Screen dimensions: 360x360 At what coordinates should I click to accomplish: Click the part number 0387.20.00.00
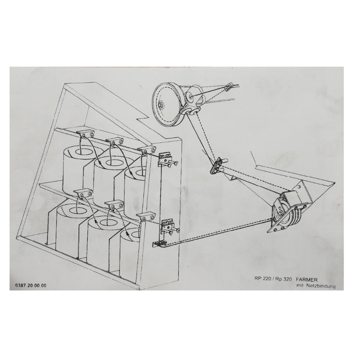pyautogui.click(x=31, y=285)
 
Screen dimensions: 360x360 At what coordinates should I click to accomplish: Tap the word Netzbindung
pyautogui.click(x=322, y=286)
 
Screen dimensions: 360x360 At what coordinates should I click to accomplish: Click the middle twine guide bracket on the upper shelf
pyautogui.click(x=115, y=142)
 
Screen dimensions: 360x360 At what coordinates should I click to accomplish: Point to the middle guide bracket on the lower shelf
pyautogui.click(x=114, y=205)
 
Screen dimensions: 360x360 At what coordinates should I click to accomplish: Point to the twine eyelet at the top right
pyautogui.click(x=230, y=86)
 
